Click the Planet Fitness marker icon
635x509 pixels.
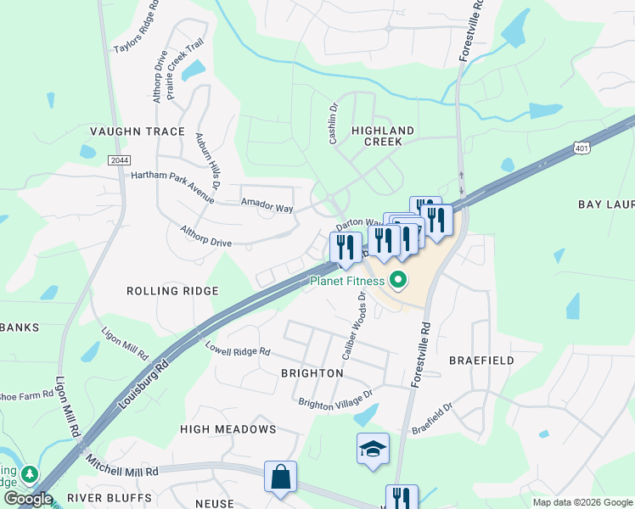(x=398, y=281)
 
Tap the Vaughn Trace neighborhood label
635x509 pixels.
(x=137, y=131)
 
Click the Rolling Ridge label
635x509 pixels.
(x=172, y=291)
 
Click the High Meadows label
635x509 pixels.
(x=228, y=429)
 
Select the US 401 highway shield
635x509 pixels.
(x=582, y=148)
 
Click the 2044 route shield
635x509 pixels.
(x=120, y=159)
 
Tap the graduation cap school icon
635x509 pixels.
(x=373, y=449)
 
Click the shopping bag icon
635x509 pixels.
(x=281, y=477)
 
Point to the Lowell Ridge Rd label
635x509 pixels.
(x=238, y=348)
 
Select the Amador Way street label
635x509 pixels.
(x=267, y=206)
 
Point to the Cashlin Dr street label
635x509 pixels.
(x=334, y=124)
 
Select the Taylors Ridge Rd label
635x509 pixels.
(x=136, y=33)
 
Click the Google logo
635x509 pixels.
(x=28, y=499)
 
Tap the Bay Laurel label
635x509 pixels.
(x=606, y=204)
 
